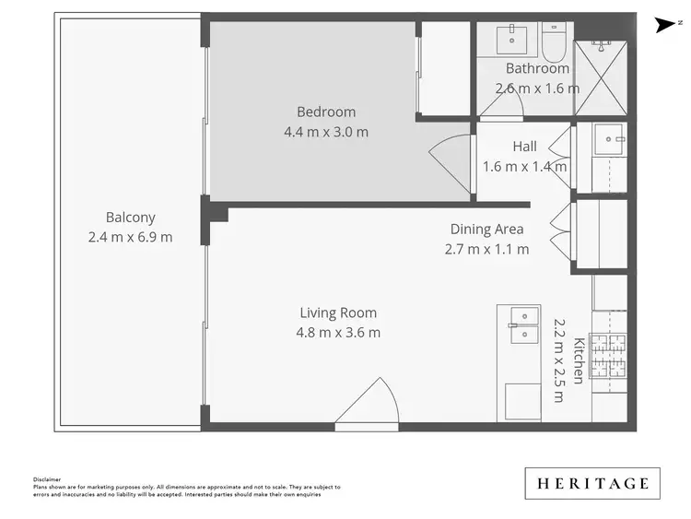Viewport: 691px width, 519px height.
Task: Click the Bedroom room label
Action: (326, 112)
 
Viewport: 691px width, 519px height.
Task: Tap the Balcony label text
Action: (130, 218)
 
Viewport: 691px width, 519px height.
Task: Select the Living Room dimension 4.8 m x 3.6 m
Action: (338, 333)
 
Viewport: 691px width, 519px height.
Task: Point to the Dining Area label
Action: (486, 230)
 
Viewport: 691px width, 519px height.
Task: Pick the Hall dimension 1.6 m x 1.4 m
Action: (524, 167)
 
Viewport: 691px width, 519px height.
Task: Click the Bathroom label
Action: (537, 68)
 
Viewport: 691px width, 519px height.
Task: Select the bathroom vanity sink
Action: (511, 40)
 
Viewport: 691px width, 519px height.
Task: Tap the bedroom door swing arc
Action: (451, 162)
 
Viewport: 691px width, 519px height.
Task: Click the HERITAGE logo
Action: (592, 483)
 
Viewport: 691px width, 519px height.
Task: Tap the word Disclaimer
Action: (46, 479)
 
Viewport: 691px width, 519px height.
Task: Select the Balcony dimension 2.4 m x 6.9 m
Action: (130, 237)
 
